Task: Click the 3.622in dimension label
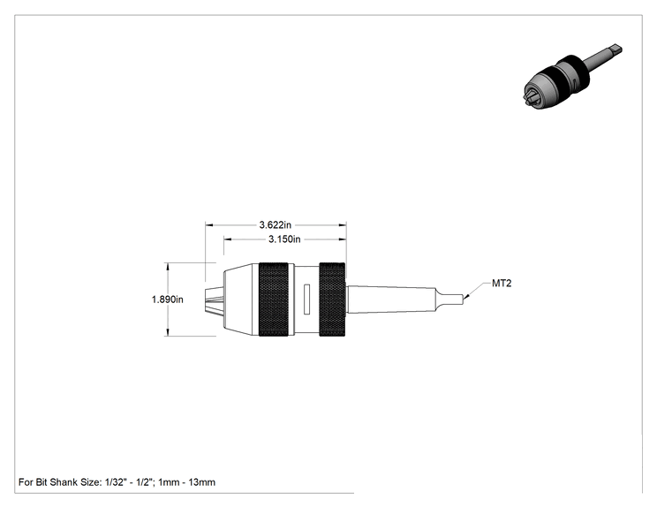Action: (275, 225)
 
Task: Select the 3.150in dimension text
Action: (284, 239)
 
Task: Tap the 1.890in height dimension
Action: (167, 299)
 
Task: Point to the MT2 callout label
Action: (502, 284)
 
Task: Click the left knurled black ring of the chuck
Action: (273, 299)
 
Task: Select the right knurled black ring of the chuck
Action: (332, 299)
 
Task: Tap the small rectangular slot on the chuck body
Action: (306, 299)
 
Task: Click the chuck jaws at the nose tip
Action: (214, 299)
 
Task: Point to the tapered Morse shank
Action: (391, 299)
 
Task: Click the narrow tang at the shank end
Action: (450, 299)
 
